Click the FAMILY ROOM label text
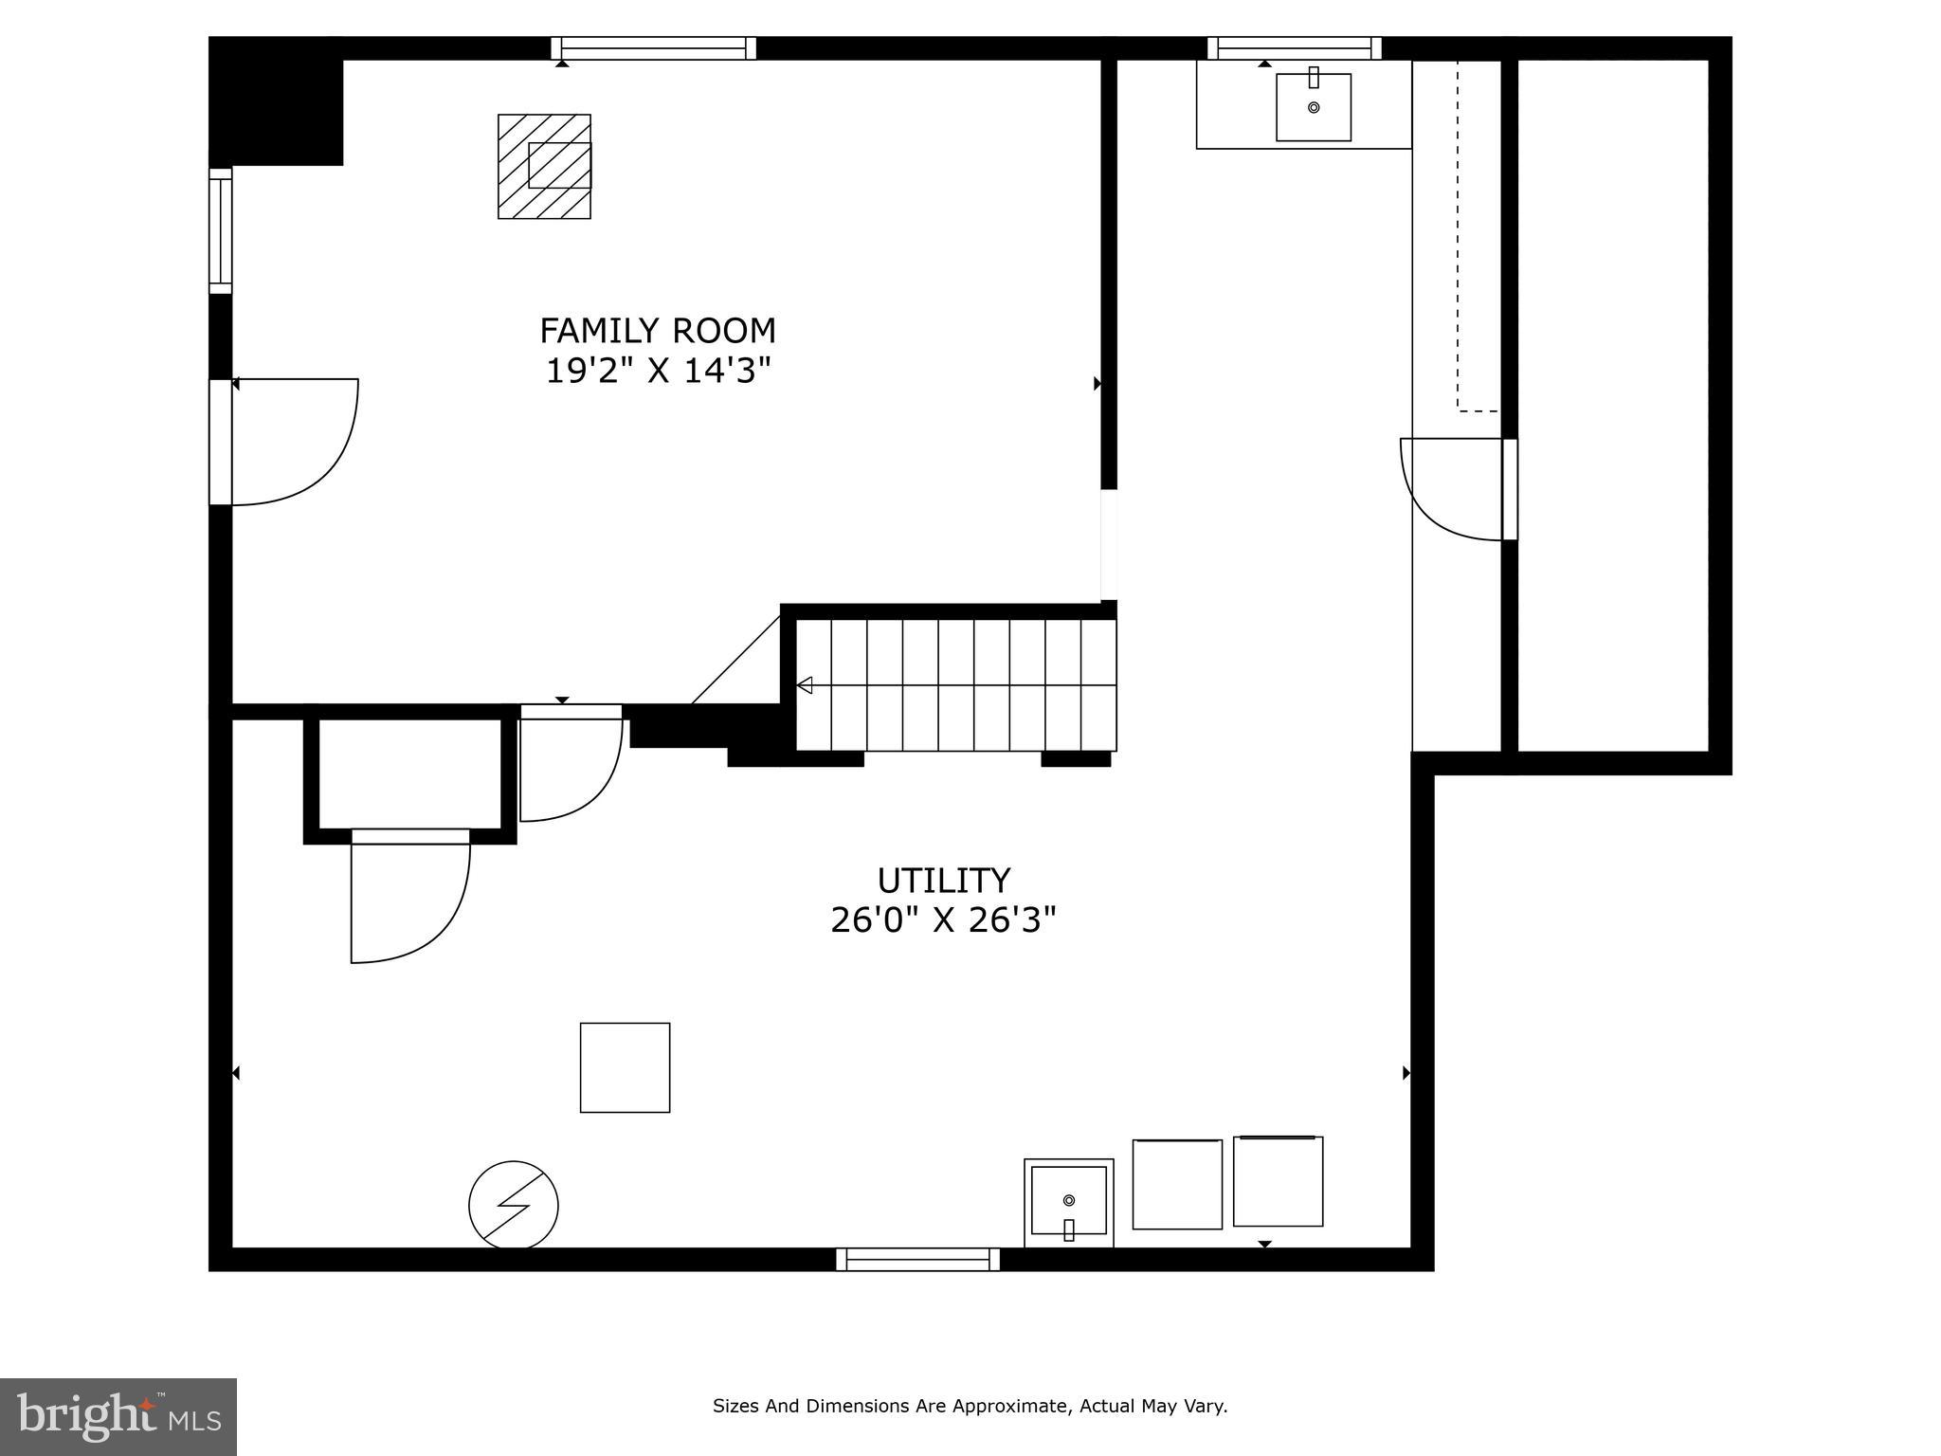pyautogui.click(x=657, y=331)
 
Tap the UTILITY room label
pyautogui.click(x=943, y=881)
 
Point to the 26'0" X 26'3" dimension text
pyautogui.click(x=943, y=919)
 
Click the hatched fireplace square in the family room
pyautogui.click(x=544, y=167)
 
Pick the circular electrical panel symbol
pyautogui.click(x=513, y=1205)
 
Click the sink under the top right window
pyautogui.click(x=1313, y=107)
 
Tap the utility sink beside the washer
pyautogui.click(x=1068, y=1202)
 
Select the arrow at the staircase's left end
pyautogui.click(x=805, y=684)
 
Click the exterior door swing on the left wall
pyautogui.click(x=294, y=441)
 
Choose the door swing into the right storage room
pyautogui.click(x=1450, y=488)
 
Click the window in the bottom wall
pyautogui.click(x=917, y=1259)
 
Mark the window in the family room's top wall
pyautogui.click(x=653, y=47)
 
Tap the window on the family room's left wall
pyautogui.click(x=220, y=230)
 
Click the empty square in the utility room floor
pyautogui.click(x=625, y=1067)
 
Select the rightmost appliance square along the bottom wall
pyautogui.click(x=1278, y=1181)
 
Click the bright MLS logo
pyautogui.click(x=118, y=1416)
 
